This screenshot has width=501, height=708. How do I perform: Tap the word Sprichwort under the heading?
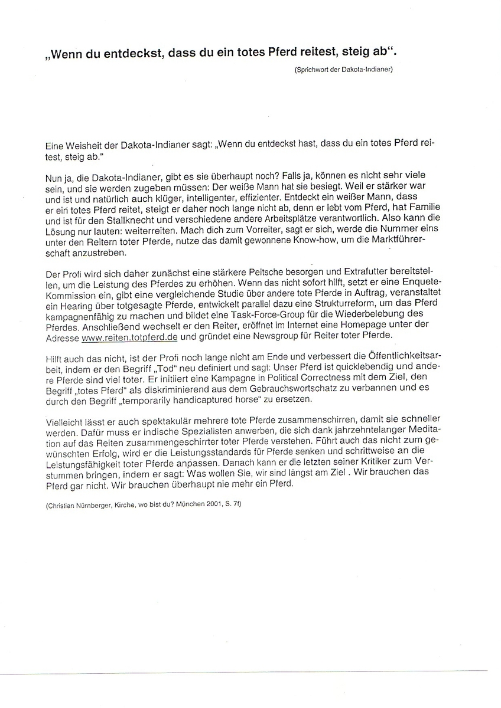pos(310,70)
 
